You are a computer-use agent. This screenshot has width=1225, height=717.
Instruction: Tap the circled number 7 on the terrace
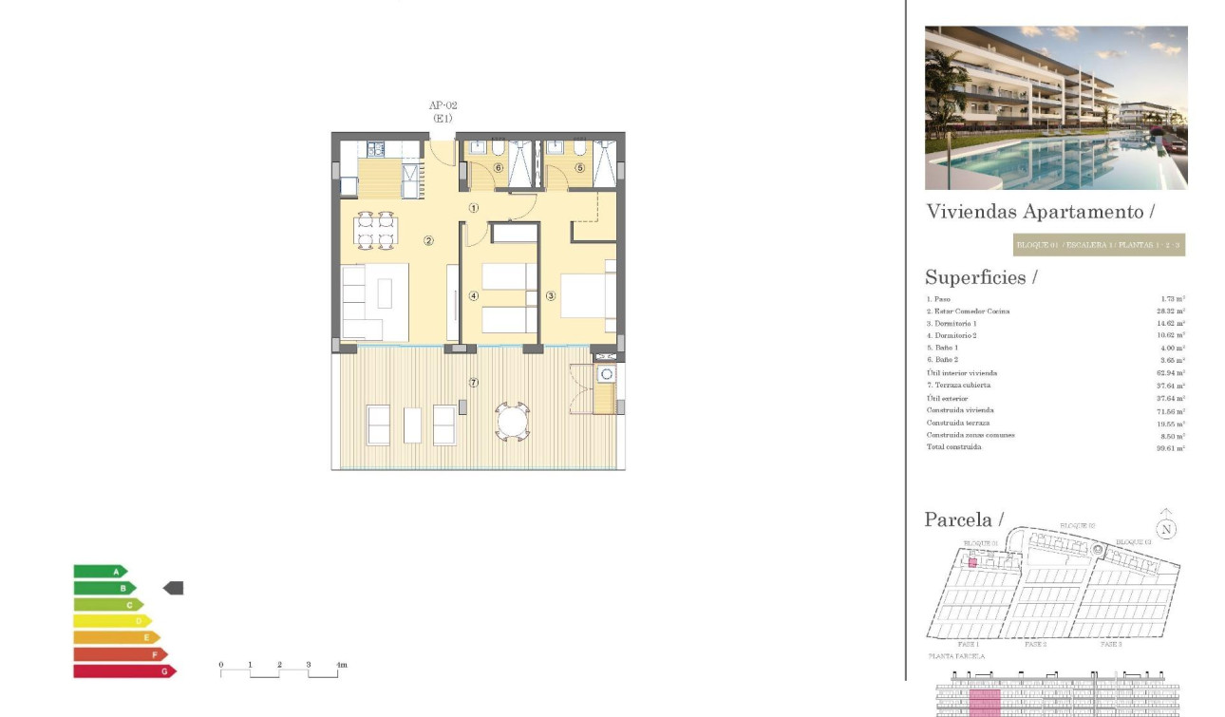pyautogui.click(x=474, y=383)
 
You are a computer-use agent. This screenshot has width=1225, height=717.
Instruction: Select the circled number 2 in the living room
pyautogui.click(x=428, y=240)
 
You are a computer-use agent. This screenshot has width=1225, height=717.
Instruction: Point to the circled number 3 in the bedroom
pyautogui.click(x=551, y=295)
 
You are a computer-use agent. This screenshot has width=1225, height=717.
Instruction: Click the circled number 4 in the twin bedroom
pyautogui.click(x=473, y=295)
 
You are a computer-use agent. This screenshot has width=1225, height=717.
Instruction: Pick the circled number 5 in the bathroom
pyautogui.click(x=579, y=168)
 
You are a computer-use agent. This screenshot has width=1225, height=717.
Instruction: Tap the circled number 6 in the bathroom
pyautogui.click(x=497, y=168)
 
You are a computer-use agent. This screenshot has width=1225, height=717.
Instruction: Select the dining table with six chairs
pyautogui.click(x=375, y=230)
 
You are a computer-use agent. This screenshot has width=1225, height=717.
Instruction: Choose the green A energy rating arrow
pyautogui.click(x=100, y=572)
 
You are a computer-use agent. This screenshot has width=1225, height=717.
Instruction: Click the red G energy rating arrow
pyautogui.click(x=123, y=671)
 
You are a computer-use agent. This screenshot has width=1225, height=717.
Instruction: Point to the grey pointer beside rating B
pyautogui.click(x=173, y=589)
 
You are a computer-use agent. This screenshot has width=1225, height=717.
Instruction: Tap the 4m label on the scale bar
pyautogui.click(x=341, y=665)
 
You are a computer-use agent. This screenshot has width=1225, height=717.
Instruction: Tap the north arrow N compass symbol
pyautogui.click(x=1166, y=528)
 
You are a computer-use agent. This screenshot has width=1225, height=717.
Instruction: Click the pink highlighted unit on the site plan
pyautogui.click(x=972, y=562)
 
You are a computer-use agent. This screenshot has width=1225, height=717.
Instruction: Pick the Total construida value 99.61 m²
pyautogui.click(x=1170, y=447)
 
